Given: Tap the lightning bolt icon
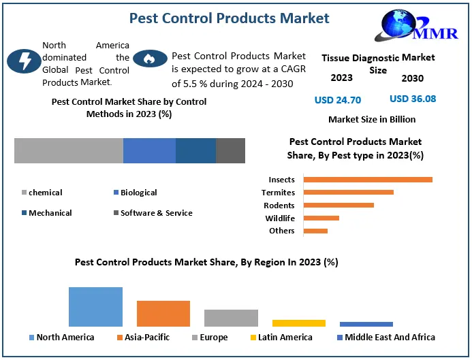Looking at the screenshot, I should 23,61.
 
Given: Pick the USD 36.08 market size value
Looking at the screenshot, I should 413,99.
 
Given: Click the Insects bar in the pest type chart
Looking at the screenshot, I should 368,180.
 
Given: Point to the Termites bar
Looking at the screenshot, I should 348,193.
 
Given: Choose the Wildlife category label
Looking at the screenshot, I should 280,218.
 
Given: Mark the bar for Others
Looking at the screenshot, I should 315,231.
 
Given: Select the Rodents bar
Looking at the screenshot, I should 339,206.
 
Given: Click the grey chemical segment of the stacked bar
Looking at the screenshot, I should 68,150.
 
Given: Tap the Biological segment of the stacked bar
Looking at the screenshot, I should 149,150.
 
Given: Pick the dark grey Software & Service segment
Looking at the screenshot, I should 230,150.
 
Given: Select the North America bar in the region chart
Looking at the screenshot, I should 95,307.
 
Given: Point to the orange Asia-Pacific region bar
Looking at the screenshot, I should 163,314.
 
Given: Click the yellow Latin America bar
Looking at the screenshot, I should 298,323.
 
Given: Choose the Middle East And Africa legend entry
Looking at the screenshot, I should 386,338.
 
